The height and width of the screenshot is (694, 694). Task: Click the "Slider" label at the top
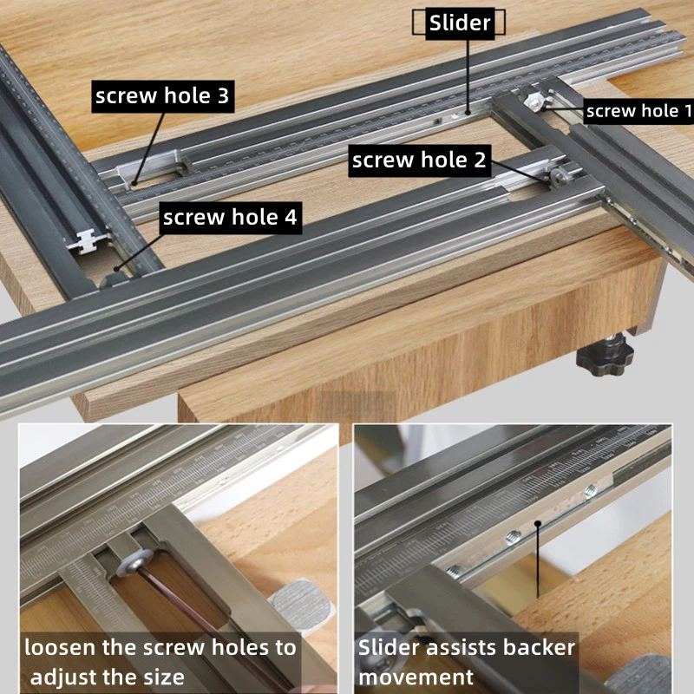(x=460, y=23)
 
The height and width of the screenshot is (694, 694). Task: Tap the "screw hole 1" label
(x=639, y=110)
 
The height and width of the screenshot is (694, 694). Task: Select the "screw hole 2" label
(x=419, y=160)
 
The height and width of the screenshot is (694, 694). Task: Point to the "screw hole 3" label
(x=162, y=96)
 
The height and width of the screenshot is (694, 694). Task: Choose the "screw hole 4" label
(x=230, y=218)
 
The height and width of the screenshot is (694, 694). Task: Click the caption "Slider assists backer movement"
(x=467, y=661)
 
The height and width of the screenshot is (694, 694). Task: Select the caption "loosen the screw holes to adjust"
(x=160, y=661)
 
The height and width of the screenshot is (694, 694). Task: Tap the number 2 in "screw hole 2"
(x=479, y=160)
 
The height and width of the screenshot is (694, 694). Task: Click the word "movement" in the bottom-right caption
(x=416, y=676)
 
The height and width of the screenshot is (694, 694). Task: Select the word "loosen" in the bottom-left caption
(x=57, y=647)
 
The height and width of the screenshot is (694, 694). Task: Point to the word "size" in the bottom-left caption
(x=164, y=676)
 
